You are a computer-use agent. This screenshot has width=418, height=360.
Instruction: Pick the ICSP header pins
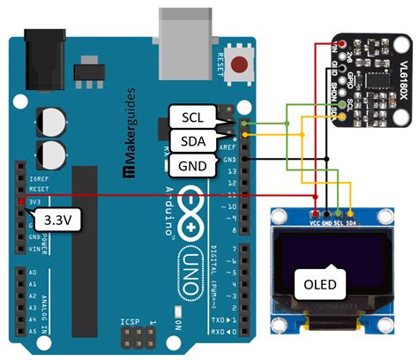tap(138, 335)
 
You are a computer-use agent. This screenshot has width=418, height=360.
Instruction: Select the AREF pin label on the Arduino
tap(227, 148)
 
